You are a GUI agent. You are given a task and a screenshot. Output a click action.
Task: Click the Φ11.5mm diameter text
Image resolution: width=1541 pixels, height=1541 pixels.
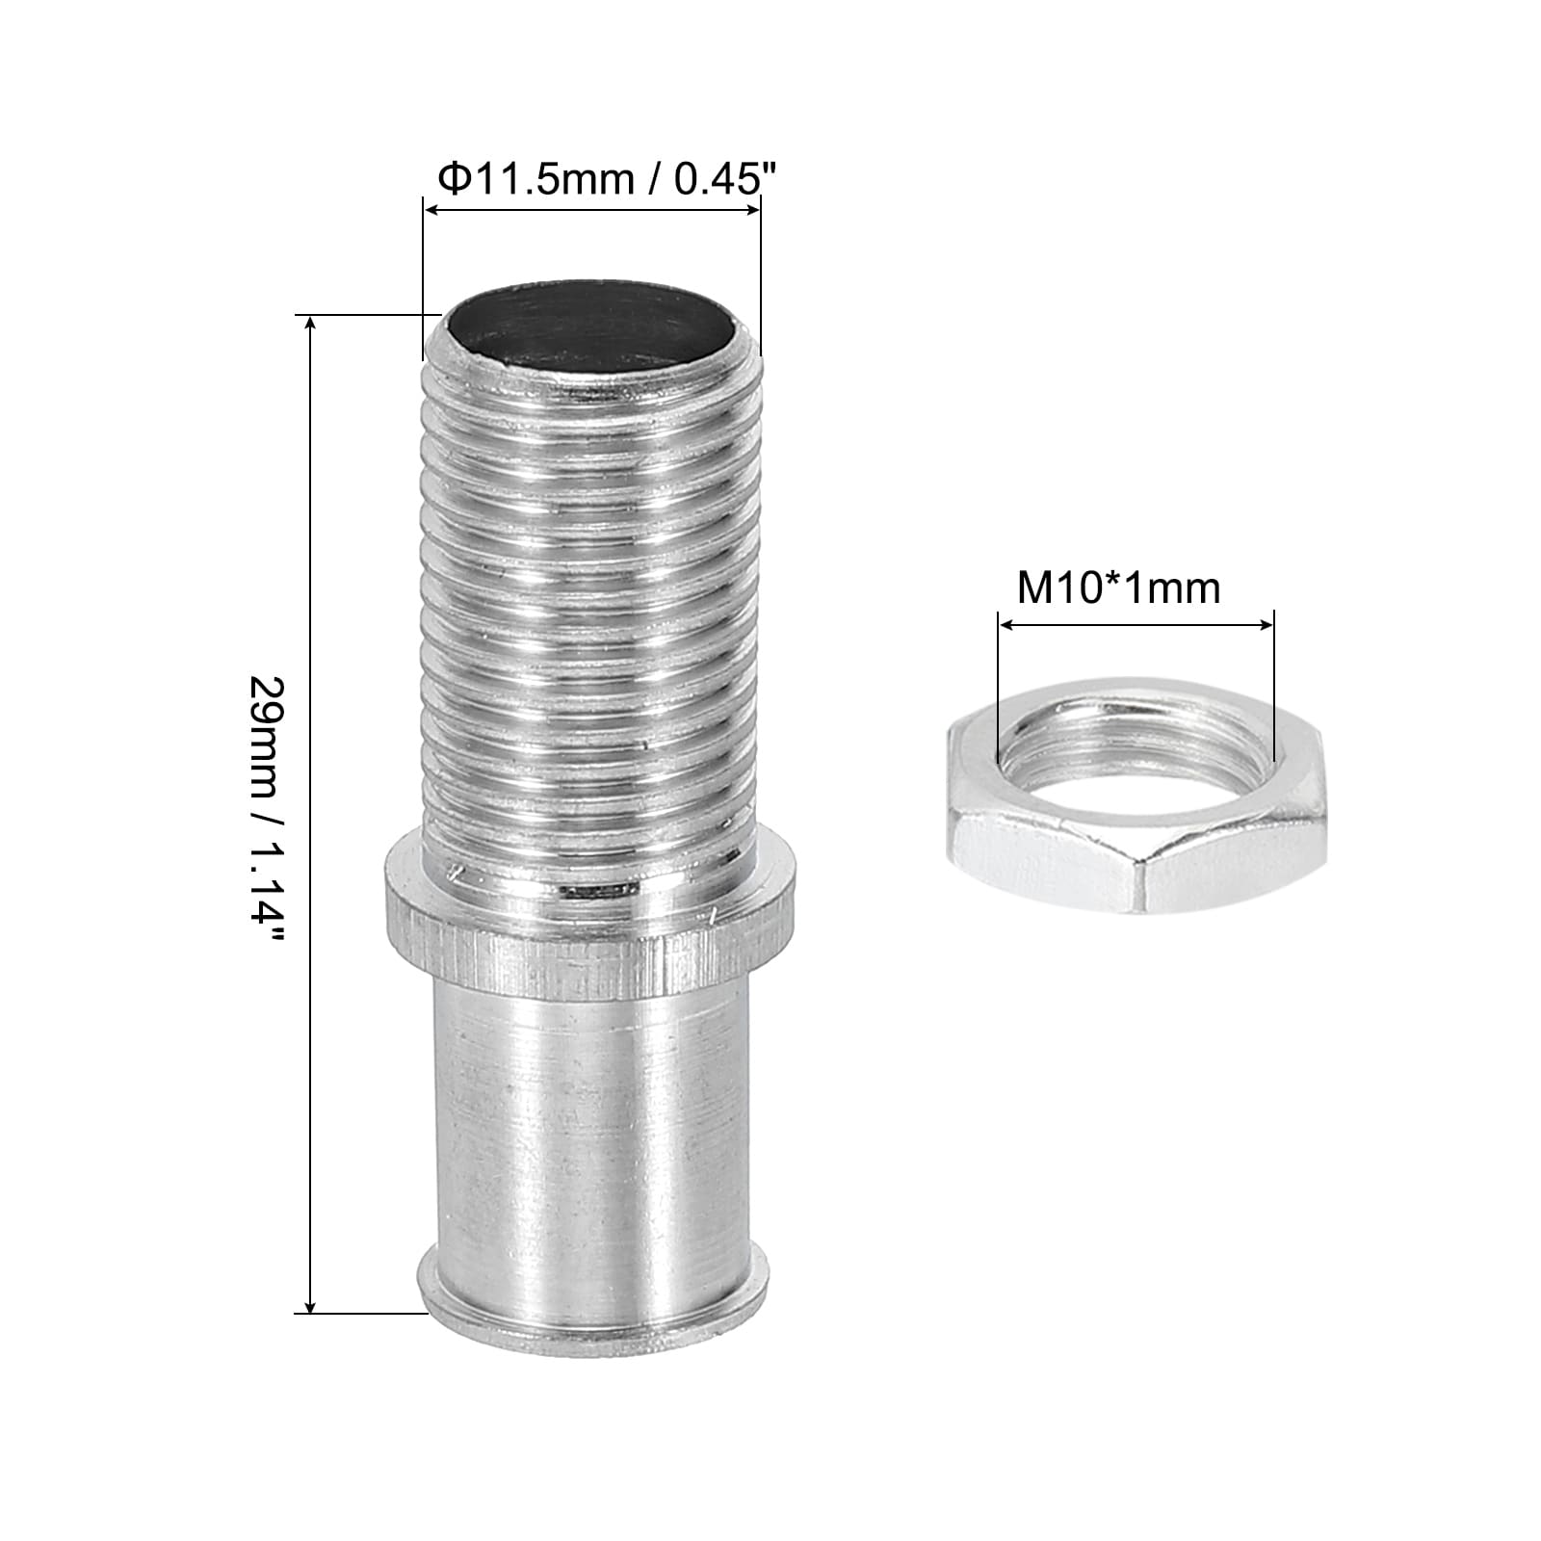coord(535,179)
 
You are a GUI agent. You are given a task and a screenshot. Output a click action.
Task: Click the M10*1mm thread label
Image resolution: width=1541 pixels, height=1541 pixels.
coord(1119,588)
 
